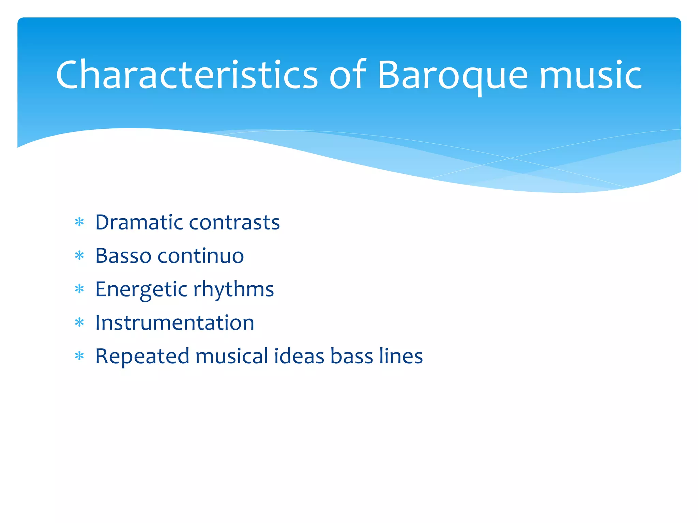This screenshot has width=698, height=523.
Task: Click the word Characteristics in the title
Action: (x=187, y=75)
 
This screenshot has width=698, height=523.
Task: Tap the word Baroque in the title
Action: (x=453, y=75)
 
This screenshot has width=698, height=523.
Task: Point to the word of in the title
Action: (x=347, y=75)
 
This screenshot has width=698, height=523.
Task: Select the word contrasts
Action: (x=234, y=222)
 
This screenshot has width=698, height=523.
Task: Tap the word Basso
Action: (x=123, y=256)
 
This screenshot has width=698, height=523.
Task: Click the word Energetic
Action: (x=141, y=289)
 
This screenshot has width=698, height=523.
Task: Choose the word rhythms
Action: (x=233, y=289)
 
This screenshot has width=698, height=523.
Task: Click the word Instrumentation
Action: (x=174, y=322)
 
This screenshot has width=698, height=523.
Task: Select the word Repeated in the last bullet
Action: (x=142, y=356)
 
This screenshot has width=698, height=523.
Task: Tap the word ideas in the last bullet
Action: (x=299, y=356)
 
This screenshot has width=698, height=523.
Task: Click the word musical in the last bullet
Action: (x=232, y=356)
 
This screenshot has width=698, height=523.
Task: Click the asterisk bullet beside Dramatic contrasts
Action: (x=79, y=222)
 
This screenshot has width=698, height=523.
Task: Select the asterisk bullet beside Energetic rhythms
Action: (x=79, y=289)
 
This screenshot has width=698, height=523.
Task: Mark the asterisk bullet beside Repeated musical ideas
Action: (x=79, y=356)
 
